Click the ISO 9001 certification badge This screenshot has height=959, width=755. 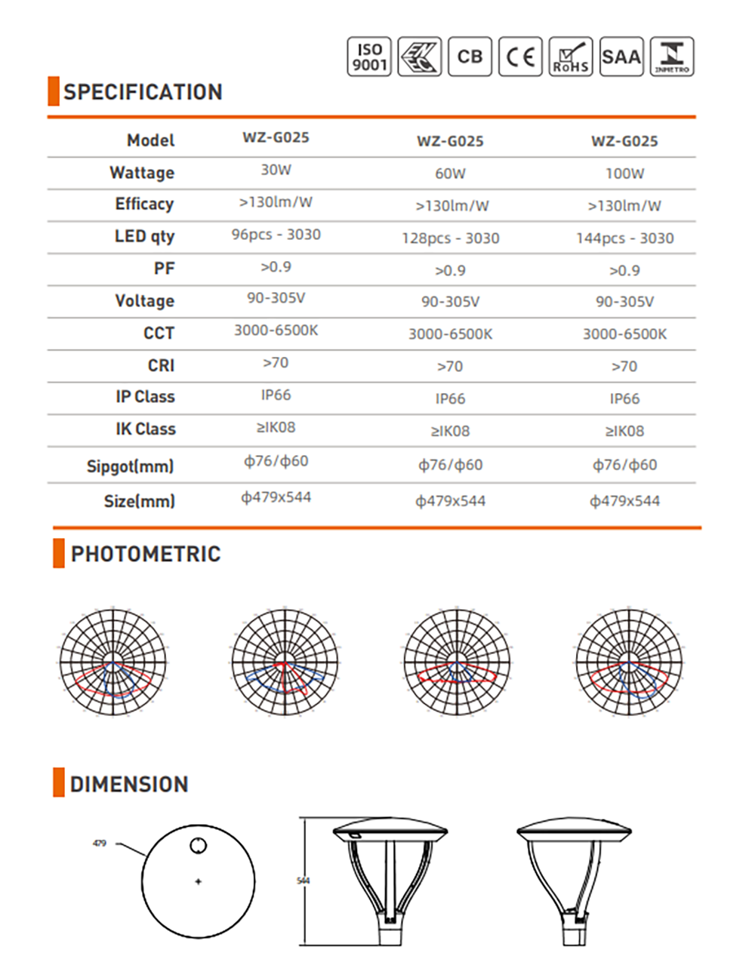pos(369,57)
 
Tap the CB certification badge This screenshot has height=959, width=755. pos(470,57)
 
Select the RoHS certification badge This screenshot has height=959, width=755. pos(570,57)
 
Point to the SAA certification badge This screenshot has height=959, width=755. pos(621,57)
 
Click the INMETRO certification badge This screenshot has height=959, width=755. pos(671,57)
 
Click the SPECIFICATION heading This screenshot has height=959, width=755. pos(143,92)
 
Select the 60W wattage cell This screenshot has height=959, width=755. pos(450,174)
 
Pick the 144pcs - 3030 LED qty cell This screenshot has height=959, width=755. pos(624,238)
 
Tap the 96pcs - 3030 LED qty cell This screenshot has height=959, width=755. pos(276,235)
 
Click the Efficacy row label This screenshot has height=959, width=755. pos(144,204)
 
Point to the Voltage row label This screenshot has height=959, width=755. pos(144,300)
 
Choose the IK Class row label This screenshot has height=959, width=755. pos(145,429)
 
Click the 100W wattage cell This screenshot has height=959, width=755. pos(624,174)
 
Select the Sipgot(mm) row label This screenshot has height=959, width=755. pos(130,466)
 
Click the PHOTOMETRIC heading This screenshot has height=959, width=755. pos(145,554)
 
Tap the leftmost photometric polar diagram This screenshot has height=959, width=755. pos(112,662)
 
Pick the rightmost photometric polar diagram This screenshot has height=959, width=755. pos(628,662)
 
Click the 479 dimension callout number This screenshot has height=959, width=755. pos(99,844)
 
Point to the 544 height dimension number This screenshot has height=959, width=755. pos(304,881)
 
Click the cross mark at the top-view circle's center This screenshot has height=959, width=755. pos(198,881)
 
